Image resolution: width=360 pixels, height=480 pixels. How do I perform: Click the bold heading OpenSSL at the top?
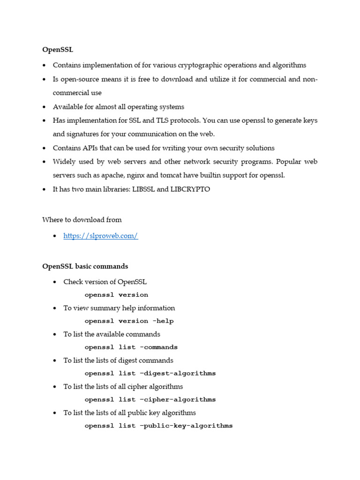pos(58,49)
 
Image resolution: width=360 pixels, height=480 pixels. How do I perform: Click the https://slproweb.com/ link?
pos(100,236)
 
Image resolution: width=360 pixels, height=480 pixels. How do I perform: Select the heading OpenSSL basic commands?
pos(85,266)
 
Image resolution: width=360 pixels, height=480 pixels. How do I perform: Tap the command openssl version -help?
pos(129,321)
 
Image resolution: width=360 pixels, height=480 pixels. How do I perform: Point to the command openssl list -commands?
pos(131,347)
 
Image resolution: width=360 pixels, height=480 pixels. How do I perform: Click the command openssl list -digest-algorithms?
pos(150,374)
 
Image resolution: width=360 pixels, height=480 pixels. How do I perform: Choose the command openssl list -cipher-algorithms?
pos(150,400)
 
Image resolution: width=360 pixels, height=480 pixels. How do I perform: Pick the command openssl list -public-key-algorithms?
pos(158,426)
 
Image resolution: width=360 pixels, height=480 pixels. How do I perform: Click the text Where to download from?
pos(82,219)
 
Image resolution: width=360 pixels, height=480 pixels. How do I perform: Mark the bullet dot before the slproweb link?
pos(55,236)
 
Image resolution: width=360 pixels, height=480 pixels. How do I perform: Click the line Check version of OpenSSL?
pos(105,282)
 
